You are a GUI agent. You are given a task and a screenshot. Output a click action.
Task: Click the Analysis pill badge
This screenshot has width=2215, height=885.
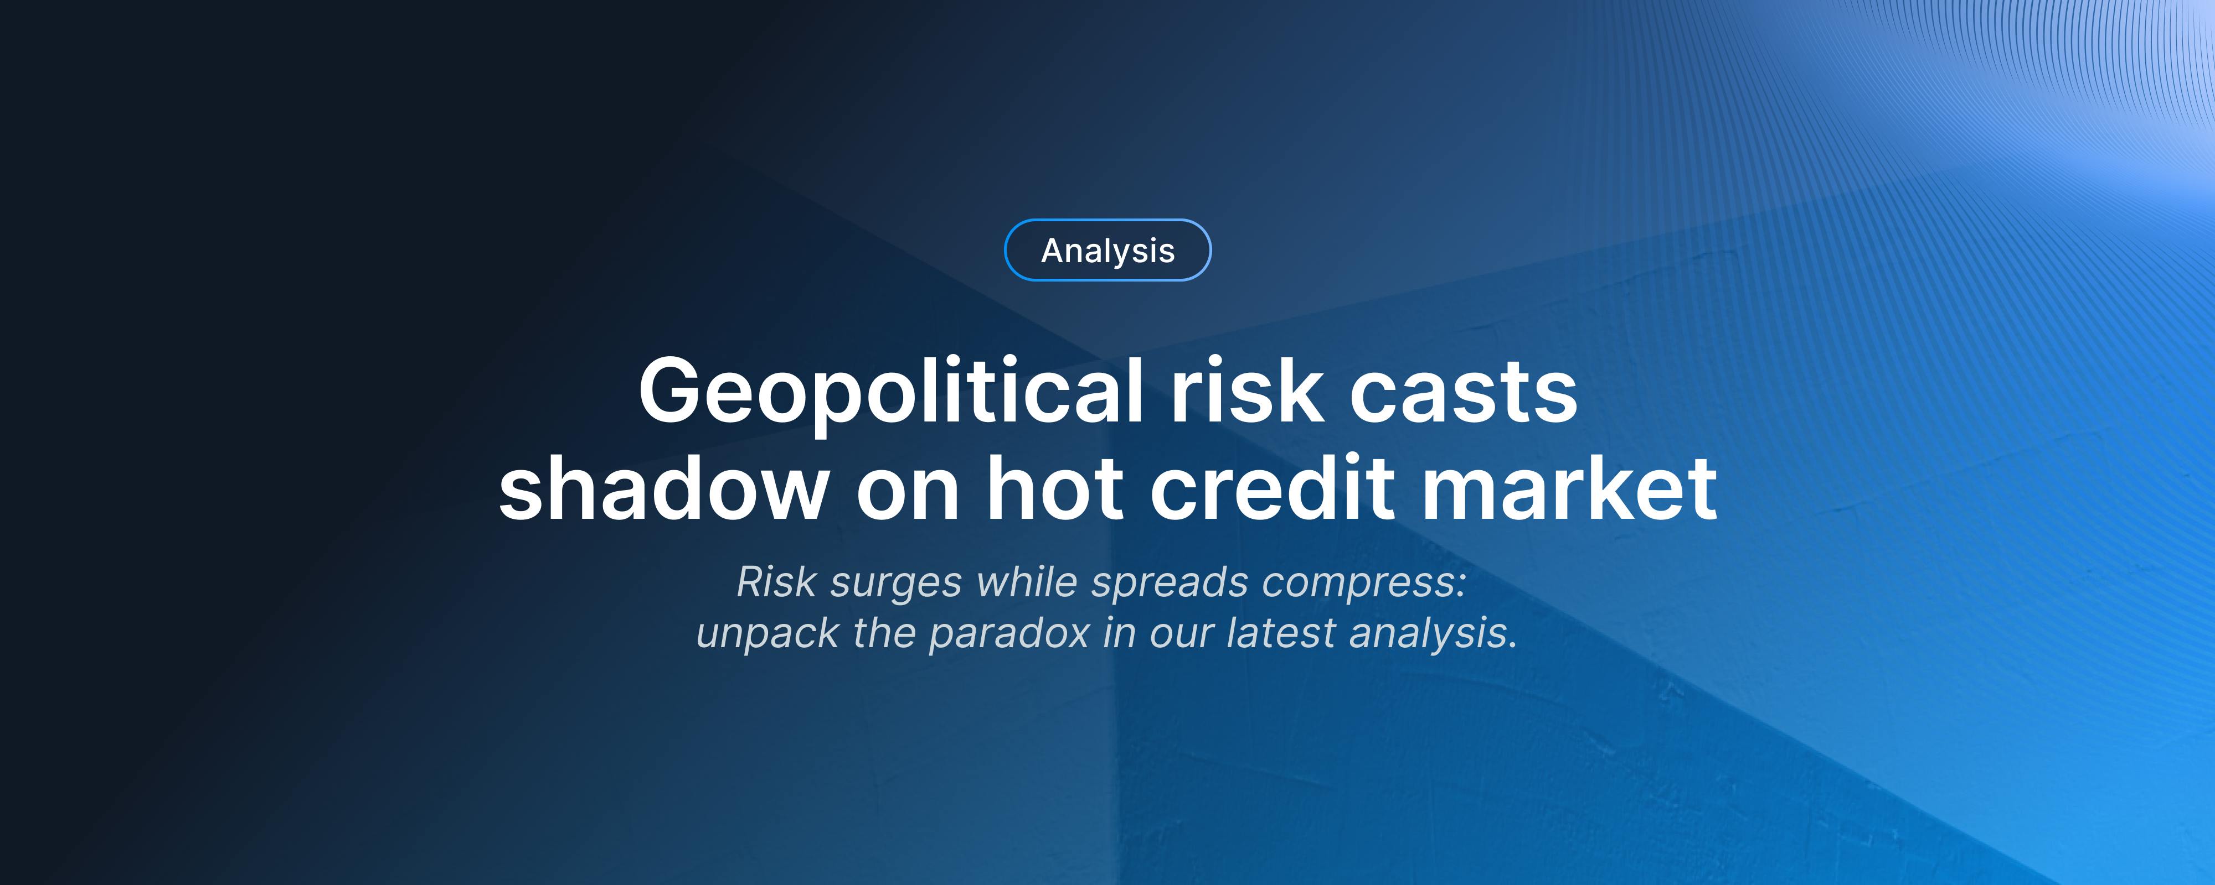(1107, 250)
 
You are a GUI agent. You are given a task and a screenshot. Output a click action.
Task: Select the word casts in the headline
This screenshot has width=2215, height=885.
(1464, 391)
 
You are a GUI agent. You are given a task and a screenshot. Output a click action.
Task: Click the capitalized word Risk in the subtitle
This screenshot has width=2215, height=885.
(776, 582)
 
